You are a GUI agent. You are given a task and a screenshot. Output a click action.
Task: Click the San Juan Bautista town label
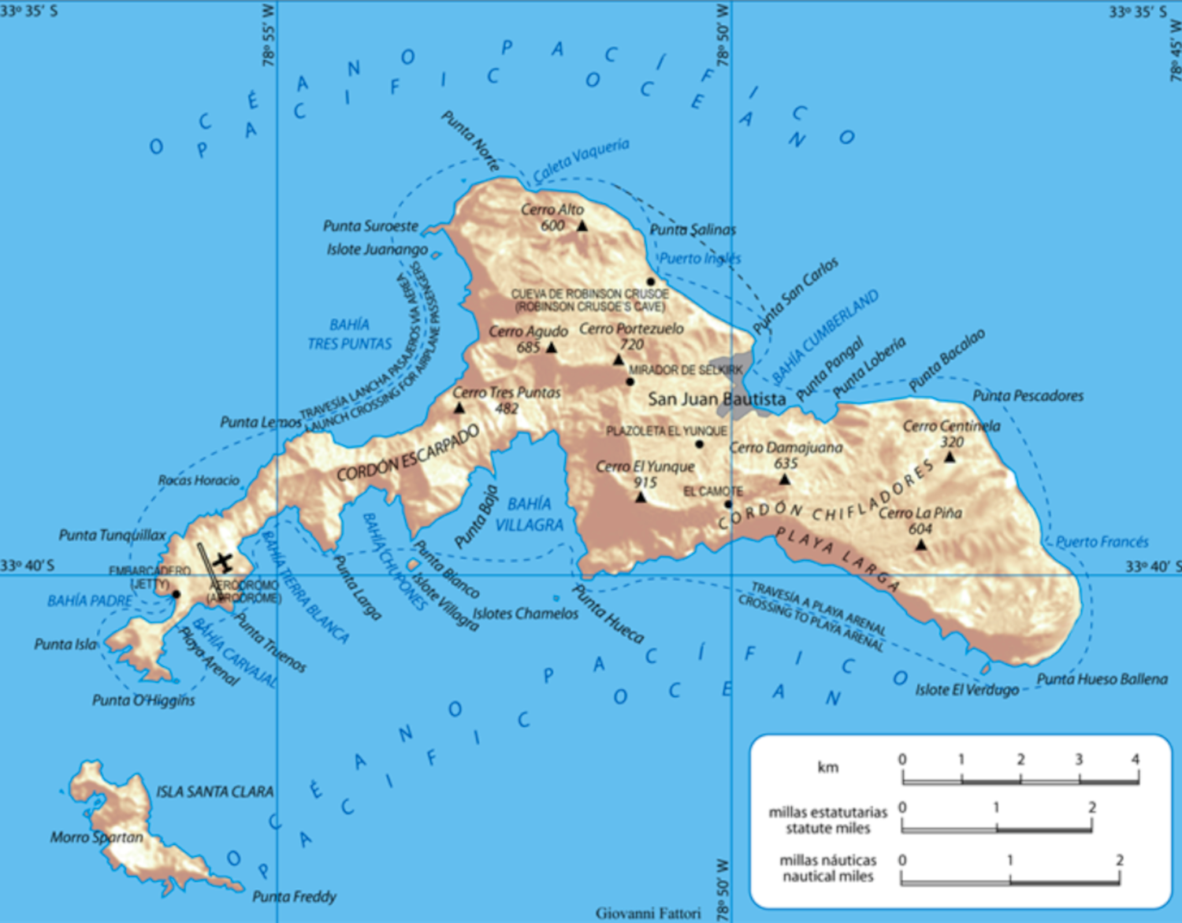[x=716, y=399]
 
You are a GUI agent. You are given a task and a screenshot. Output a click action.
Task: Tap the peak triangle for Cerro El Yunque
[x=641, y=497]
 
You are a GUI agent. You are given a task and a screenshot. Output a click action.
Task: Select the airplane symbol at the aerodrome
[x=223, y=562]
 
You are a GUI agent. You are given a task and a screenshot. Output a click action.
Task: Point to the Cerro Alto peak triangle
[x=582, y=226]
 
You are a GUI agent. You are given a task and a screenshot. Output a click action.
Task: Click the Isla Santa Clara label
[x=214, y=791]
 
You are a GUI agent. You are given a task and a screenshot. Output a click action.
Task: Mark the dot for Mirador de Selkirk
[x=630, y=382]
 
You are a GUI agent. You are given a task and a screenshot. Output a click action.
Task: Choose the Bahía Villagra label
[x=530, y=514]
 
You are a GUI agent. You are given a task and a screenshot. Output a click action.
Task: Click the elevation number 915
[x=645, y=483]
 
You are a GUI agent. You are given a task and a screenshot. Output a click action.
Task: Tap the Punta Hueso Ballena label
[x=1102, y=679]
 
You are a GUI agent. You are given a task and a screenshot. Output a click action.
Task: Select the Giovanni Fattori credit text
[x=648, y=914]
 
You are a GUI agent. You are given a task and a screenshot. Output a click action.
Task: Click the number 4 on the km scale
[x=1136, y=759]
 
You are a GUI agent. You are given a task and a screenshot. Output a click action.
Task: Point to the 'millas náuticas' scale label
[x=828, y=868]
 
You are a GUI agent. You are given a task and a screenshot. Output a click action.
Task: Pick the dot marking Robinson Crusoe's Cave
[x=651, y=281]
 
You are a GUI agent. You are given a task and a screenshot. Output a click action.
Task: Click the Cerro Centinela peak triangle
[x=950, y=457]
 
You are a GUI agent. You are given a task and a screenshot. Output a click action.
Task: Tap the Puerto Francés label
[x=1102, y=542]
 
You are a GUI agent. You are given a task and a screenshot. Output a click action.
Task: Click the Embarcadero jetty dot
[x=176, y=595]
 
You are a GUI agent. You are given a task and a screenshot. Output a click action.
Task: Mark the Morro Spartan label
[x=97, y=837]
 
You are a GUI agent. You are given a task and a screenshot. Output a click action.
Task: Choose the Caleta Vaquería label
[x=581, y=160]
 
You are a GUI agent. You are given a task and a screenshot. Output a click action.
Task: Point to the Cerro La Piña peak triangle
[x=920, y=544]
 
